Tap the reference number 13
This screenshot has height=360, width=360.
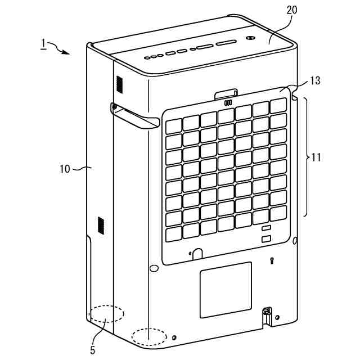315,80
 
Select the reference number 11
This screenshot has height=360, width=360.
316,157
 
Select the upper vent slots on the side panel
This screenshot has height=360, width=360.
119,84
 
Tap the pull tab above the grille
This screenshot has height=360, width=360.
227,92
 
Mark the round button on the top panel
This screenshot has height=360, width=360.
250,39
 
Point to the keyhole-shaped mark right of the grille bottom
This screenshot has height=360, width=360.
272,261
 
